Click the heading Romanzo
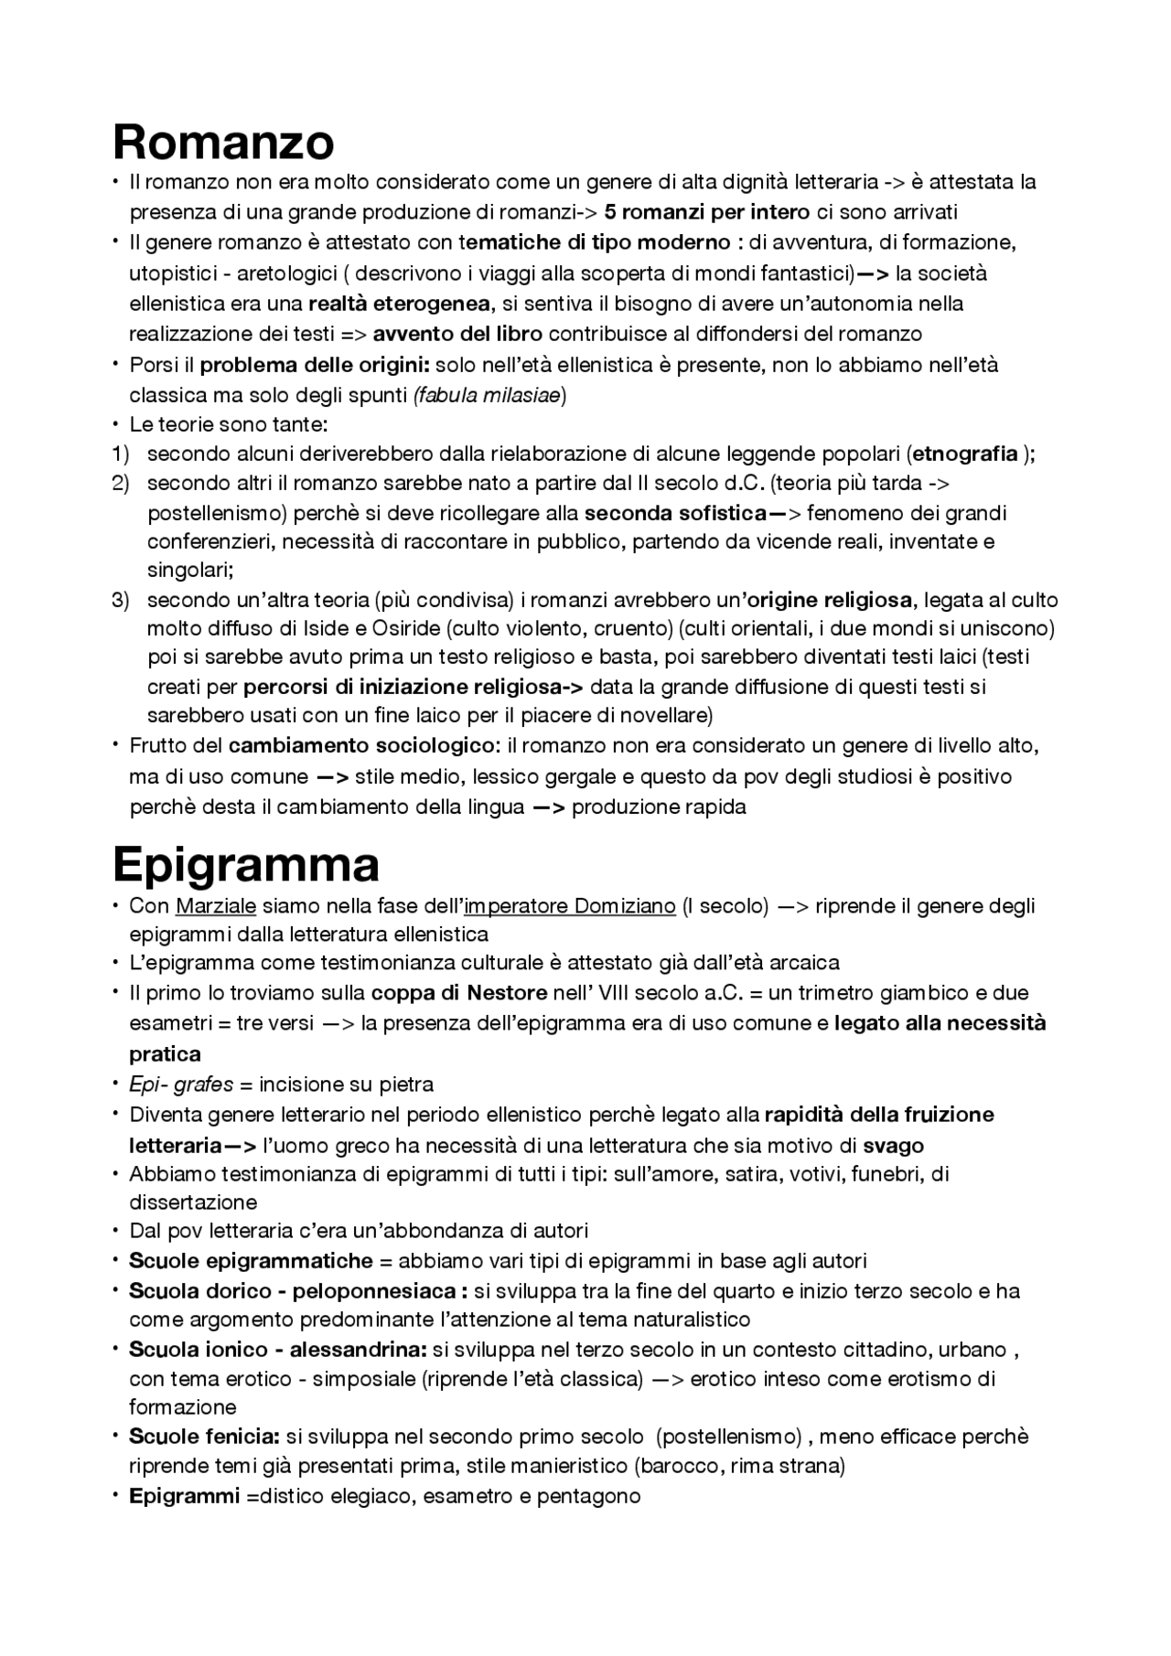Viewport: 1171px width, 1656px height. pyautogui.click(x=223, y=142)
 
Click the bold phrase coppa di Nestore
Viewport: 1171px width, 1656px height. pyautogui.click(x=459, y=993)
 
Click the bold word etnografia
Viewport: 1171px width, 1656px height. pyautogui.click(x=965, y=454)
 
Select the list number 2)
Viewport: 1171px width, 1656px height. pyautogui.click(x=122, y=483)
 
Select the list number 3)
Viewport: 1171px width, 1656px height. pyautogui.click(x=122, y=600)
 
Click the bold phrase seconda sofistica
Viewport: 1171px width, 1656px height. pyautogui.click(x=674, y=512)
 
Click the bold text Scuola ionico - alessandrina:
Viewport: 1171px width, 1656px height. pyautogui.click(x=278, y=1350)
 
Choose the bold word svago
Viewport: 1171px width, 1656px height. pyautogui.click(x=894, y=1145)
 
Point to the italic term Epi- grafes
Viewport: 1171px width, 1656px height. pyautogui.click(x=181, y=1084)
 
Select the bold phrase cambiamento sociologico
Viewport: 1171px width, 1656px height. pyautogui.click(x=361, y=745)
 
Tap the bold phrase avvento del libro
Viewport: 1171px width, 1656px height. pyautogui.click(x=457, y=334)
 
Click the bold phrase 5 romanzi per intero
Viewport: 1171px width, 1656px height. pyautogui.click(x=707, y=212)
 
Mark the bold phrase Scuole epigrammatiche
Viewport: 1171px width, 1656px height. pyautogui.click(x=251, y=1261)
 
